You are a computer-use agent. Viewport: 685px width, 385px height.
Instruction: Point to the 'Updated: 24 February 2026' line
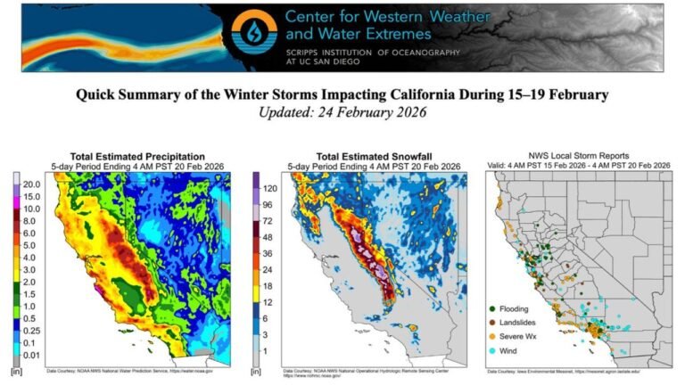click(342, 112)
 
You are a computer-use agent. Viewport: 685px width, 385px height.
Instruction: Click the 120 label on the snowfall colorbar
click(269, 189)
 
